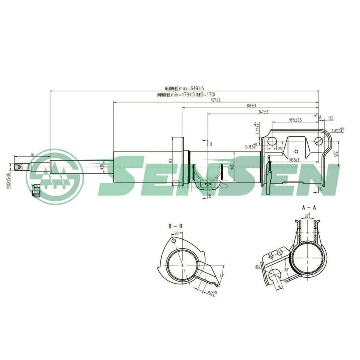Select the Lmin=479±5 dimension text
point(186,95)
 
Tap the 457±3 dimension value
point(216,100)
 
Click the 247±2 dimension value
point(263,112)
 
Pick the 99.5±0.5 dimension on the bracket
point(295,120)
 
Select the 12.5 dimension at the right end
point(330,118)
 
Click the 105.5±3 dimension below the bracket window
point(294,160)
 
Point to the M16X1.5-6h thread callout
point(8,176)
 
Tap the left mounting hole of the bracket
point(272,141)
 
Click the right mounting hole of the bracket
point(319,140)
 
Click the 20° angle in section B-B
point(176,234)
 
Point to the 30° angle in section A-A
point(286,270)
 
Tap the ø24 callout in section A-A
point(257,266)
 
